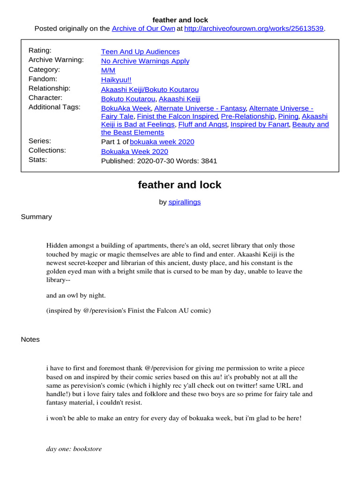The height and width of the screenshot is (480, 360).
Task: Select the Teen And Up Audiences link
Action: (140, 52)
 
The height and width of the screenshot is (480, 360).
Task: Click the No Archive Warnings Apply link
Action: (145, 61)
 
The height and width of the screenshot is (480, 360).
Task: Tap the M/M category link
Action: (108, 70)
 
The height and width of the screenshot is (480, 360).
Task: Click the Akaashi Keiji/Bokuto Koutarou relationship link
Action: (150, 89)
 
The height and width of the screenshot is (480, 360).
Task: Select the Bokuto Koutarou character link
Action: (128, 99)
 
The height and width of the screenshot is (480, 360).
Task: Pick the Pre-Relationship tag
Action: (247, 116)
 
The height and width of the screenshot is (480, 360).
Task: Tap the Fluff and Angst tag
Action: (202, 125)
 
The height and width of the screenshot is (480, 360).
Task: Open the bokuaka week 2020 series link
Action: (162, 142)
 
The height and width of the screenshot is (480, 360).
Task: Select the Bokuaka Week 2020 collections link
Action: (135, 151)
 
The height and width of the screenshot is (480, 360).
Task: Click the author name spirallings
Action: (184, 202)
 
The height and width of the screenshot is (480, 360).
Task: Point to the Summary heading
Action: (37, 217)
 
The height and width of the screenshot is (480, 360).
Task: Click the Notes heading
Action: (30, 339)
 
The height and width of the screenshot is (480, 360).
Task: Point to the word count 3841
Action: (209, 161)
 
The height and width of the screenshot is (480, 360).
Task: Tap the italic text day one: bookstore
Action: (74, 449)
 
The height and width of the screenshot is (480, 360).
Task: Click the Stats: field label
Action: (39, 159)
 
